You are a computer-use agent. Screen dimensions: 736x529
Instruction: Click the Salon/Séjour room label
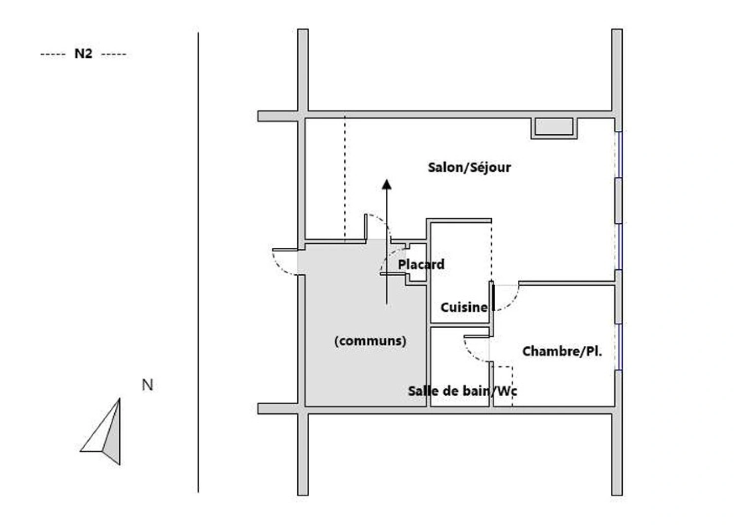click(x=469, y=168)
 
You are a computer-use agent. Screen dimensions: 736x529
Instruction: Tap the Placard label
click(x=421, y=264)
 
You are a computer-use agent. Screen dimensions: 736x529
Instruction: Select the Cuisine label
click(x=464, y=308)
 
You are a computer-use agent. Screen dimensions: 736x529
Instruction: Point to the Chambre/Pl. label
click(x=562, y=352)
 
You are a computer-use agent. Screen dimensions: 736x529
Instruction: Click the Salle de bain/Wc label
click(x=462, y=391)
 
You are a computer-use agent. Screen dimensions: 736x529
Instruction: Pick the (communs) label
click(x=370, y=341)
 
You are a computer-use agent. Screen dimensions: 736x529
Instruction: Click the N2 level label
click(x=83, y=53)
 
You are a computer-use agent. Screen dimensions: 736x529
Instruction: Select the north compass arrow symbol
click(x=101, y=432)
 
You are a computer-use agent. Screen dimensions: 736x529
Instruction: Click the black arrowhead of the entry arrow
click(x=387, y=185)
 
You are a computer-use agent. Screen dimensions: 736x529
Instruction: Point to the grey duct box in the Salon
click(x=554, y=127)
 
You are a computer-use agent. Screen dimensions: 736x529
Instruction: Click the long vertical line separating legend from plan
click(x=198, y=263)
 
